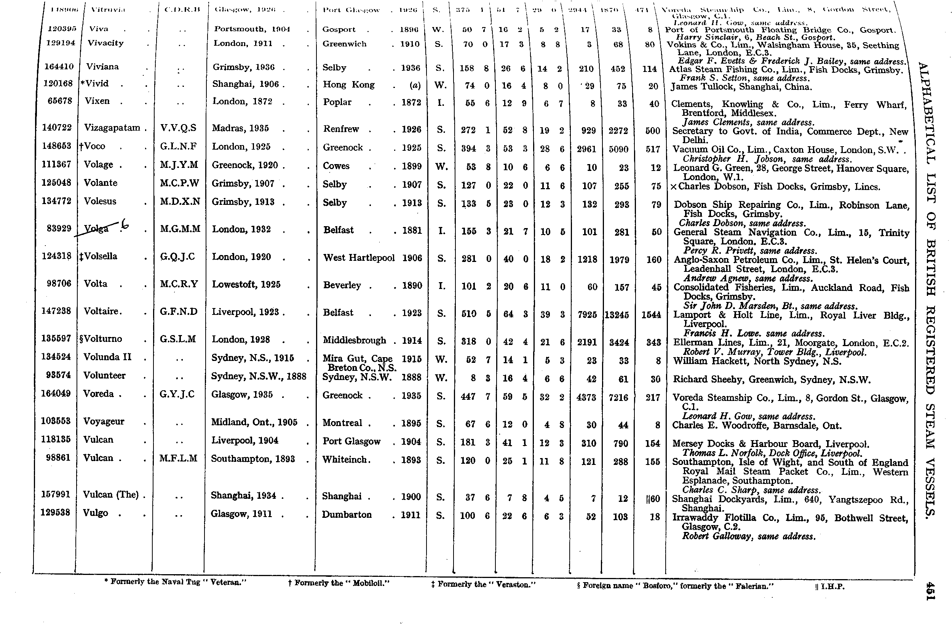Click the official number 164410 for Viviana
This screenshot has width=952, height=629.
click(x=58, y=67)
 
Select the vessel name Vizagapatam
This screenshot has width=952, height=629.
click(x=112, y=128)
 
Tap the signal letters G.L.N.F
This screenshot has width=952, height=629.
click(x=178, y=147)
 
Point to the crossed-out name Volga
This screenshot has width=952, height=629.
click(x=96, y=229)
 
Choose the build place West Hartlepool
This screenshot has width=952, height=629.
click(x=359, y=258)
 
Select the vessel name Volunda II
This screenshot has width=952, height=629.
click(x=107, y=357)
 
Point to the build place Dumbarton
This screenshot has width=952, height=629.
click(x=347, y=515)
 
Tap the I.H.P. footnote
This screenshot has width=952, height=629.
click(x=831, y=586)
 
